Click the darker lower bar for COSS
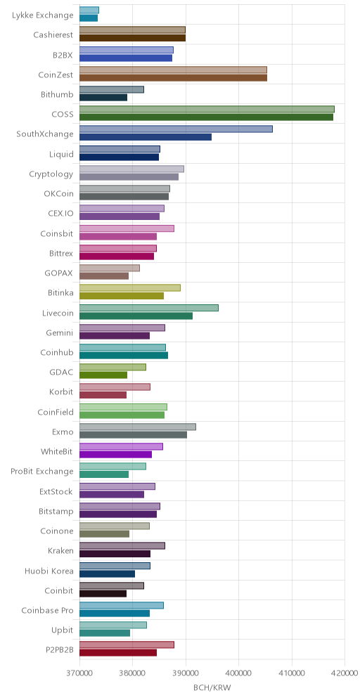click(x=206, y=117)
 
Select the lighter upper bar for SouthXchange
click(x=176, y=129)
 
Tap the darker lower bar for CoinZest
click(x=173, y=78)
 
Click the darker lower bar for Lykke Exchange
click(x=89, y=18)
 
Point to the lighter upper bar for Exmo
click(x=138, y=427)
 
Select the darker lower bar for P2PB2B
click(x=118, y=653)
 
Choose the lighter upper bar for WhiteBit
click(x=121, y=446)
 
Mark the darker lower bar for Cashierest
click(x=132, y=38)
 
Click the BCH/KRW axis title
click(x=212, y=687)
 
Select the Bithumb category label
click(x=57, y=95)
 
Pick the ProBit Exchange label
click(x=42, y=472)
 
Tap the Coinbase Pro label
click(x=47, y=610)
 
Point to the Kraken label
click(x=60, y=551)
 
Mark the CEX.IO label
click(x=61, y=214)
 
